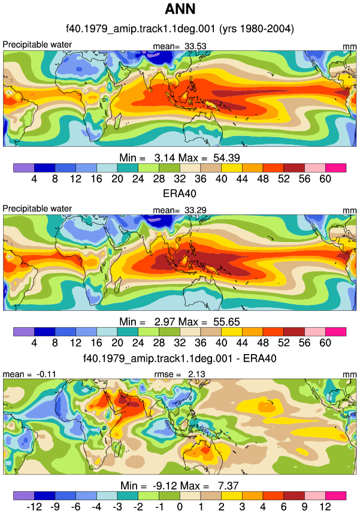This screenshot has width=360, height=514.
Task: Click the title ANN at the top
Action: point(180,9)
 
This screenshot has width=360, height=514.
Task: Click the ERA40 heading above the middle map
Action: point(180,193)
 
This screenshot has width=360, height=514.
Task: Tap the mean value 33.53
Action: point(195,46)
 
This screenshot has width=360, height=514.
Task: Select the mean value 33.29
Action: point(195,210)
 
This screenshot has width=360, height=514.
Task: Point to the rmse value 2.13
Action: point(196,374)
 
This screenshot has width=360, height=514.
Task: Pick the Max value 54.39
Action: point(226,158)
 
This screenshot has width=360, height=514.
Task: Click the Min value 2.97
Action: point(165,322)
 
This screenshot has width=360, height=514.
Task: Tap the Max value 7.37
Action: point(229,485)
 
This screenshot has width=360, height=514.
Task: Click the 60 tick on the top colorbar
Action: point(325,179)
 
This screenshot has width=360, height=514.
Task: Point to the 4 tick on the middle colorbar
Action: point(34,343)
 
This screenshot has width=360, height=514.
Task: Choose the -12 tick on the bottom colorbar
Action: point(34,506)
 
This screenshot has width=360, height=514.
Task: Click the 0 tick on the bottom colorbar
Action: point(180,506)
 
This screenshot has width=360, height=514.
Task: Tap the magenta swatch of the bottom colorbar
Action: point(335,495)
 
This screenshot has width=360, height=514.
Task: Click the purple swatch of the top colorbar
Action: point(23,168)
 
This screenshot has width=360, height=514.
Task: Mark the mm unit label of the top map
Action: point(349,47)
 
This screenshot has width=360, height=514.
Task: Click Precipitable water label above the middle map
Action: point(37,209)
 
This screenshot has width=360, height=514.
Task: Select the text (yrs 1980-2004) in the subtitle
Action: point(256,29)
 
